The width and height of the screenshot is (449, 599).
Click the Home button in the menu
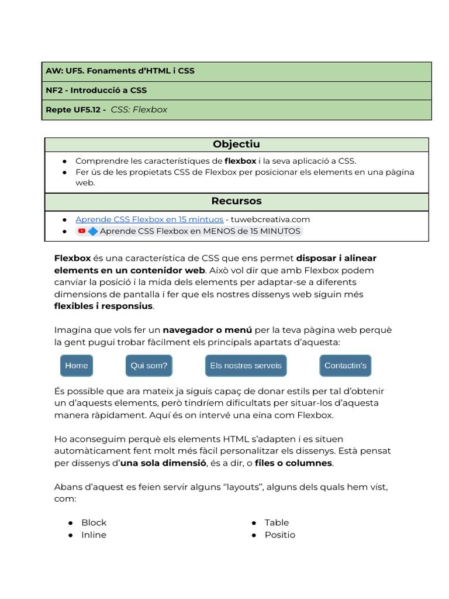click(x=77, y=366)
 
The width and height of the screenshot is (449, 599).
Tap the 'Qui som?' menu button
click(x=148, y=366)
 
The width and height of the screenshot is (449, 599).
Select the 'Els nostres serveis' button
click(x=246, y=366)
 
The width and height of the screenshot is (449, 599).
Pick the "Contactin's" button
click(x=345, y=366)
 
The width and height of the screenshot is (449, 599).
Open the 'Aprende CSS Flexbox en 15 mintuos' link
click(x=149, y=219)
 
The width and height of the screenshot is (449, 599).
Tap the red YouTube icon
click(x=82, y=231)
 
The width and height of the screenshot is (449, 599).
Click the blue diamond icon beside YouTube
click(x=92, y=231)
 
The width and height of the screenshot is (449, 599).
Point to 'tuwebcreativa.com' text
click(x=271, y=219)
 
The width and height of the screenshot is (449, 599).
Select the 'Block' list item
click(x=94, y=522)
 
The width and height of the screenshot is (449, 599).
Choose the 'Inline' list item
click(x=94, y=535)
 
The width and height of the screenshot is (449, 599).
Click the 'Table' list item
click(x=277, y=522)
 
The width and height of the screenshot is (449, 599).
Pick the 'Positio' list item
click(x=279, y=535)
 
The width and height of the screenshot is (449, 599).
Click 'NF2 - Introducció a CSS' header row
click(x=96, y=91)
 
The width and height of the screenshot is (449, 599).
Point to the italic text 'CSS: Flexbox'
click(x=139, y=109)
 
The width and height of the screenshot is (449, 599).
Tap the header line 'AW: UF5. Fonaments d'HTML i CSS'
click(x=120, y=71)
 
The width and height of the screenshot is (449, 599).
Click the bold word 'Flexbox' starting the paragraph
click(x=72, y=258)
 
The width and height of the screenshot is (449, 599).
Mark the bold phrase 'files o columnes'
click(x=293, y=463)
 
